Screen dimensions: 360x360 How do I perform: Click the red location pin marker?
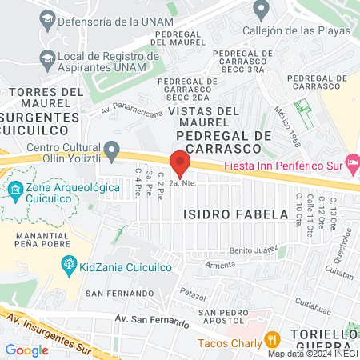click(x=180, y=164)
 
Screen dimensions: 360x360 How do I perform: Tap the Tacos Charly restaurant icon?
click(x=272, y=338)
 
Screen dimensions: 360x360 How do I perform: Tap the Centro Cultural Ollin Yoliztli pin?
click(x=113, y=150)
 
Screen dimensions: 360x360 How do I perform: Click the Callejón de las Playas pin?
click(x=260, y=10)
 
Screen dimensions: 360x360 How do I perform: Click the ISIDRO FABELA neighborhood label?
click(x=235, y=214)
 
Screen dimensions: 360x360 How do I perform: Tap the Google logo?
click(x=27, y=350)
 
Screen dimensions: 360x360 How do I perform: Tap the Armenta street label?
click(x=220, y=265)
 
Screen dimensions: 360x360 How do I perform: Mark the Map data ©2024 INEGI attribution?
click(x=313, y=353)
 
